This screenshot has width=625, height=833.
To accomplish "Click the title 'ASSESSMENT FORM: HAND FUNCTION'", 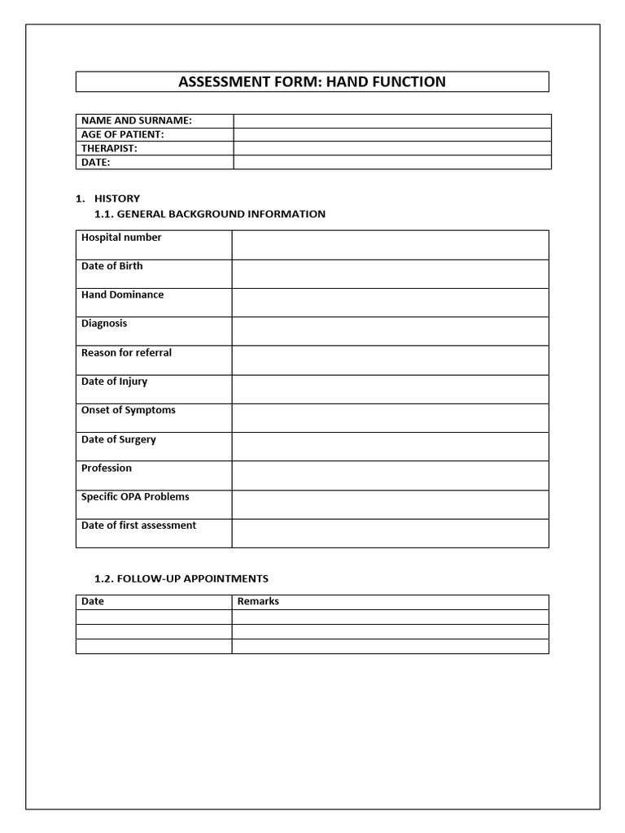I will tap(312, 81).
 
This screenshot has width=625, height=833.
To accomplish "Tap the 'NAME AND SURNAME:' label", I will tap(136, 120).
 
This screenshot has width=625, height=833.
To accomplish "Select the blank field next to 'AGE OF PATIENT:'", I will tap(391, 134).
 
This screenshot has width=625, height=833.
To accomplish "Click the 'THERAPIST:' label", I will tap(109, 148).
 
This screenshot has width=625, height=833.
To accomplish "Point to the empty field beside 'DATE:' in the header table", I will tap(391, 162).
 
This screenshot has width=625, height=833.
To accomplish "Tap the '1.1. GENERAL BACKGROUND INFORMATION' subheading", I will tap(210, 214).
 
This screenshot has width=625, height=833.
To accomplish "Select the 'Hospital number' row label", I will tap(121, 238).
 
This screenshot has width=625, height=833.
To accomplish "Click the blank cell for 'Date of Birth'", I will tap(390, 273).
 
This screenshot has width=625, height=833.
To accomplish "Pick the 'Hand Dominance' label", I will tap(122, 294).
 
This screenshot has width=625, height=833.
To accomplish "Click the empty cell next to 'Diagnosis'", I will tap(390, 331).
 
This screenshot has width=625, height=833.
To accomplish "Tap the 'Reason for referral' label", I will tap(126, 352).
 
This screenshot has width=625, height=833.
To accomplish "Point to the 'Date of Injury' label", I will tap(114, 382).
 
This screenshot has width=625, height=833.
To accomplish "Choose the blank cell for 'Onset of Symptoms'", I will tap(390, 417).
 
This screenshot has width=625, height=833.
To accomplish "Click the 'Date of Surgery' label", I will tap(118, 439).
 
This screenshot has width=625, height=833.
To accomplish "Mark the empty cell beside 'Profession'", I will tap(390, 475).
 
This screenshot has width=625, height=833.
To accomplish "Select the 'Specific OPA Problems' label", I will tap(135, 496).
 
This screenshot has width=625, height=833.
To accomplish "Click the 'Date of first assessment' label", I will tap(138, 526).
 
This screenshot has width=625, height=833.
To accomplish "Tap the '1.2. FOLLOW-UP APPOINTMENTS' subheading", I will tap(181, 578).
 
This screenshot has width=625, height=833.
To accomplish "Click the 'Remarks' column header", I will tap(258, 601).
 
